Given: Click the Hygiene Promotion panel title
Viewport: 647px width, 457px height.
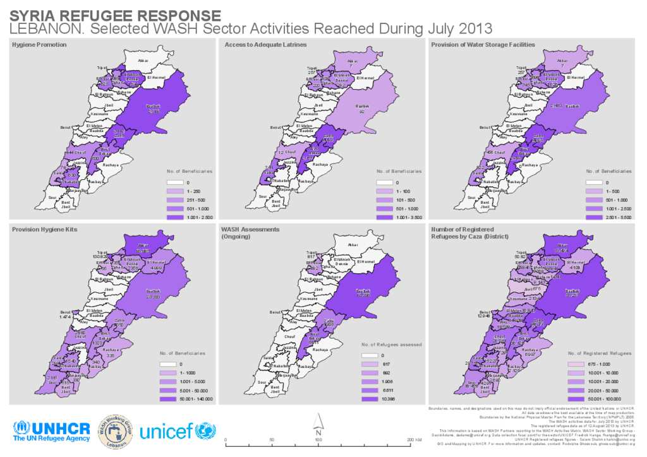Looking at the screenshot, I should [39, 45].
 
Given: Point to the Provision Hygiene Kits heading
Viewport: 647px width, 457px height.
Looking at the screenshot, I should [44, 228].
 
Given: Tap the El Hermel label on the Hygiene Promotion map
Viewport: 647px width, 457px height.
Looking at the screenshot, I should [155, 78].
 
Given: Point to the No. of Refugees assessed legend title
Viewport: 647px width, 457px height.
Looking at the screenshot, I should [392, 345].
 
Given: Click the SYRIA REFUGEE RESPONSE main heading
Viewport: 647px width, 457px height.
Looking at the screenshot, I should [116, 15].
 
